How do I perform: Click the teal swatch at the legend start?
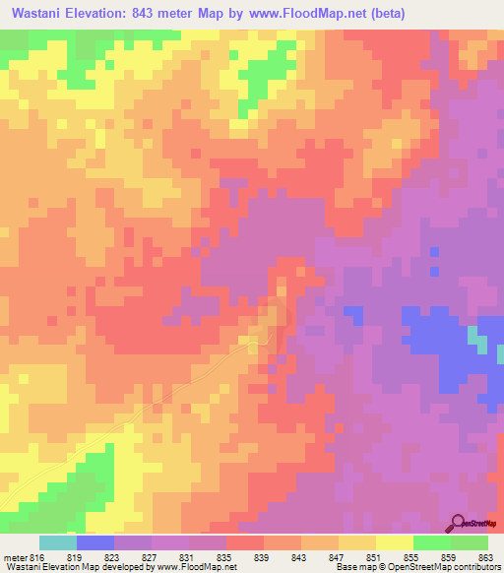pyautogui.click(x=58, y=542)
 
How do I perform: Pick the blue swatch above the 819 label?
pyautogui.click(x=95, y=542)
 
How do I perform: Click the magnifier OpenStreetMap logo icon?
pyautogui.click(x=459, y=522)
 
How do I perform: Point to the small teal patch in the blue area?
pyautogui.click(x=476, y=340)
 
